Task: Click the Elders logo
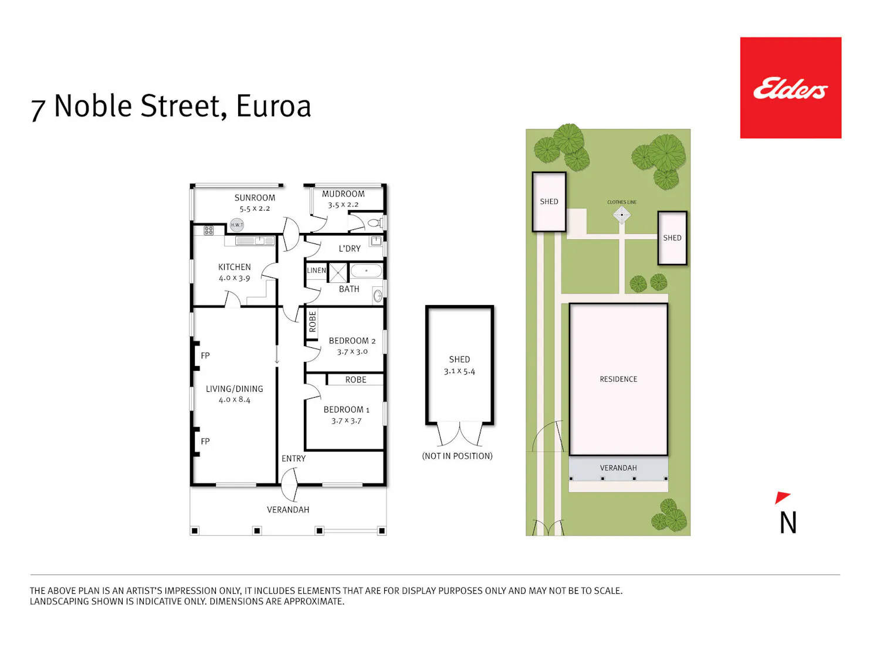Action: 790,88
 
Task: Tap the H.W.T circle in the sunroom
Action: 236,225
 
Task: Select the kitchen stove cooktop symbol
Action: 208,231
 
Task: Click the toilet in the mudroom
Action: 375,223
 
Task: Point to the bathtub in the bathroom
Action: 366,271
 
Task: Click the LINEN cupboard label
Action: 316,270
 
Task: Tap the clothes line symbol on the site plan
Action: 621,215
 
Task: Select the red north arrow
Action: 782,497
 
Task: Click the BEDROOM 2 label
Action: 352,341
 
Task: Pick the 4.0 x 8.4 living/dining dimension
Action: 235,400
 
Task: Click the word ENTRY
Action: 293,458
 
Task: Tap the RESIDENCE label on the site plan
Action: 618,379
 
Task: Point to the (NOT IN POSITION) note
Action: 457,456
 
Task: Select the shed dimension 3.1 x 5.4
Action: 459,371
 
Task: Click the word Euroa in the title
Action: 273,106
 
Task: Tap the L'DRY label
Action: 350,248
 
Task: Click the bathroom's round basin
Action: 378,296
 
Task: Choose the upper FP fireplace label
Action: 205,356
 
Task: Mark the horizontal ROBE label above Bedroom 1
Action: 356,380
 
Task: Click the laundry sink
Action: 375,241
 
